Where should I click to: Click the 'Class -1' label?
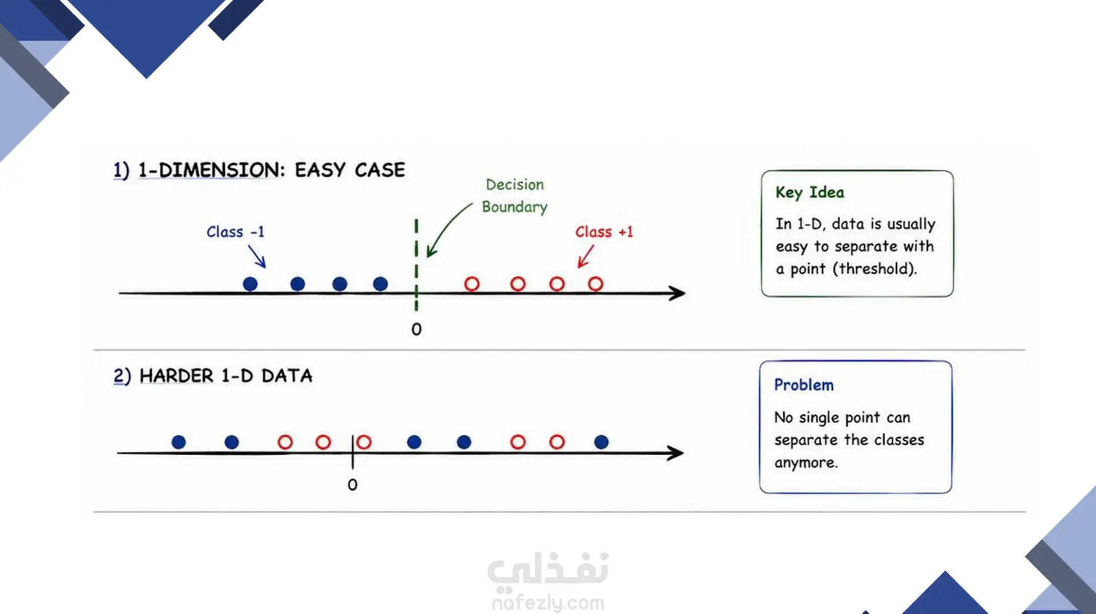(235, 232)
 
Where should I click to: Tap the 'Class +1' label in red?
(604, 232)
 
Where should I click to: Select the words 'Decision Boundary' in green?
(514, 195)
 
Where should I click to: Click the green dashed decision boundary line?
(416, 264)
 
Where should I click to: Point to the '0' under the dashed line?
(416, 329)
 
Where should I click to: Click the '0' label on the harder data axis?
(352, 484)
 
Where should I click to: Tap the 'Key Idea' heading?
(809, 192)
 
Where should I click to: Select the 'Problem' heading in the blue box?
(804, 385)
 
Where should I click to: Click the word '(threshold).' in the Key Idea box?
(875, 268)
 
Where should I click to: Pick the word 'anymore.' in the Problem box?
(806, 463)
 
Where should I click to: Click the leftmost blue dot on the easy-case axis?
(250, 284)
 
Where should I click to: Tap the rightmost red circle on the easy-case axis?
(595, 284)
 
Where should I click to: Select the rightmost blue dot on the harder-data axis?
(601, 442)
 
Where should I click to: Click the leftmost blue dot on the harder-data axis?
(179, 442)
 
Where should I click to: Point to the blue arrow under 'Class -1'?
(257, 256)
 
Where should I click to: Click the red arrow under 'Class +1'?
(586, 256)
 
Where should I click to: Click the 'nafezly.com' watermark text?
(548, 603)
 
